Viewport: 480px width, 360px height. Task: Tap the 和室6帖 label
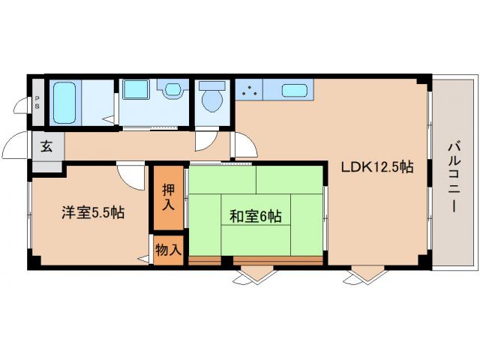(x=255, y=217)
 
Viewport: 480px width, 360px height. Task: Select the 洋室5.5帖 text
(x=93, y=212)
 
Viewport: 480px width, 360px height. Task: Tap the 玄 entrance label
(x=46, y=147)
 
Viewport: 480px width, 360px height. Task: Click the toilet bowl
(x=211, y=99)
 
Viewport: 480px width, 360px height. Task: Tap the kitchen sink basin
(x=297, y=91)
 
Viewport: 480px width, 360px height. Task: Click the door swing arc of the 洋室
(x=130, y=176)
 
